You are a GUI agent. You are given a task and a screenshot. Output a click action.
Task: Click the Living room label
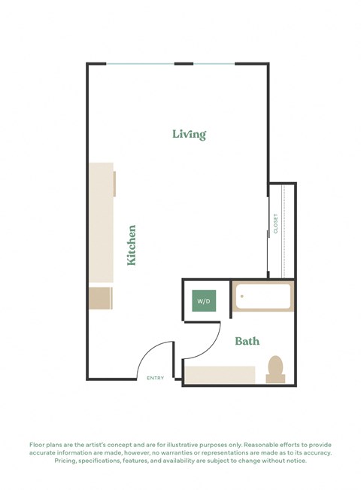tap(189, 135)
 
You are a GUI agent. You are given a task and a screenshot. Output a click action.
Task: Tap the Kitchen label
tap(132, 245)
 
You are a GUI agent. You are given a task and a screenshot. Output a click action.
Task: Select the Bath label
tap(247, 341)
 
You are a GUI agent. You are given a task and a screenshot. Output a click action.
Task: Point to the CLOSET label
tap(276, 224)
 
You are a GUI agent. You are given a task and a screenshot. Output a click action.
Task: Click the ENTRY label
tap(156, 378)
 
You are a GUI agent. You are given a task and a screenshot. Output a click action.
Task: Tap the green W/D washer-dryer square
tap(204, 301)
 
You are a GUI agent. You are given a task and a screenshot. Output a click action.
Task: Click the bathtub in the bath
tap(262, 297)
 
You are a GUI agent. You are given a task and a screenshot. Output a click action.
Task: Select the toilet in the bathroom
tap(276, 368)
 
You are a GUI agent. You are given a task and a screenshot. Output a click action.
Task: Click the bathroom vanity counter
tap(220, 375)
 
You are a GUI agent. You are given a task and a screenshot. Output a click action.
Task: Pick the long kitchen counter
tap(101, 222)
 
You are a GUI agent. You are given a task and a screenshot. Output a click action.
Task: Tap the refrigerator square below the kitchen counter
tap(100, 297)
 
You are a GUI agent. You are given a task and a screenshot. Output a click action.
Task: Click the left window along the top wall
tap(140, 64)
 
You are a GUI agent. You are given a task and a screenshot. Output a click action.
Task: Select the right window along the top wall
tap(214, 64)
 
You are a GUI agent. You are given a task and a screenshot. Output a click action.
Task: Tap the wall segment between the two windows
tap(184, 64)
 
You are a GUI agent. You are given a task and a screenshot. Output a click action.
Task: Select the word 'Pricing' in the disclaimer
tap(67, 461)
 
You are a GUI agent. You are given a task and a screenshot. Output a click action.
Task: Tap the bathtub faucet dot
tap(242, 296)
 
